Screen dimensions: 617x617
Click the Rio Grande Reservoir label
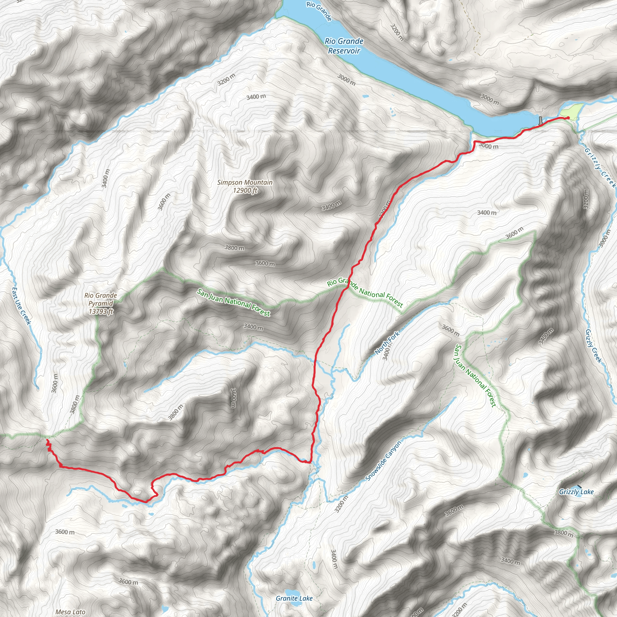pyautogui.click(x=344, y=46)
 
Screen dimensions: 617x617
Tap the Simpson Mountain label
pyautogui.click(x=245, y=182)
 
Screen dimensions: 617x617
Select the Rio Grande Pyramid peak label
pyautogui.click(x=101, y=299)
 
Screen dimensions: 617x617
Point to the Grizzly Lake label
pyautogui.click(x=576, y=492)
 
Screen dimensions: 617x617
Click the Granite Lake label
pyautogui.click(x=294, y=598)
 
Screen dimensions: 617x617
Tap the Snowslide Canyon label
pyautogui.click(x=383, y=461)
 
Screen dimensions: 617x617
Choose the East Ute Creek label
pyautogui.click(x=21, y=306)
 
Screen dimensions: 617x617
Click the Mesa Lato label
pyautogui.click(x=70, y=612)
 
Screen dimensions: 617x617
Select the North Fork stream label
pyautogui.click(x=387, y=343)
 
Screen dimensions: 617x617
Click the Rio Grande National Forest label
pyautogui.click(x=365, y=292)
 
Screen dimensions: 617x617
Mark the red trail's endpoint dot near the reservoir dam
pyautogui.click(x=568, y=118)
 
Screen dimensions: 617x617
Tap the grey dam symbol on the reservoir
pyautogui.click(x=540, y=121)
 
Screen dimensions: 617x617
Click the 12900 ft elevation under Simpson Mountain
pyautogui.click(x=245, y=191)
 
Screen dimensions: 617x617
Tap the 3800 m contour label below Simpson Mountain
pyautogui.click(x=234, y=248)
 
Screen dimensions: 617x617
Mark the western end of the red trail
pyautogui.click(x=47, y=440)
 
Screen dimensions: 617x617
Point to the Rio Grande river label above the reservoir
pyautogui.click(x=319, y=11)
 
